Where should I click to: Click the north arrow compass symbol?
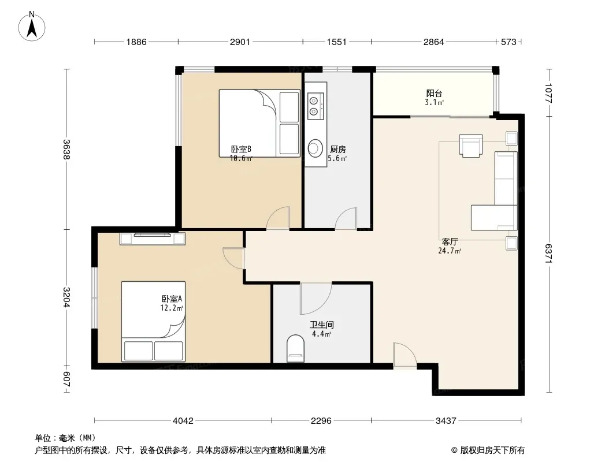pyautogui.click(x=32, y=27)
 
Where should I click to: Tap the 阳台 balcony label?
pyautogui.click(x=434, y=94)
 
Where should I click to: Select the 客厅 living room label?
pyautogui.click(x=450, y=241)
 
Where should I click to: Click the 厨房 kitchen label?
pyautogui.click(x=338, y=149)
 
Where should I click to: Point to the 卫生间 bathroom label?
pyautogui.click(x=322, y=325)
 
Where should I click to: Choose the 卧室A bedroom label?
pyautogui.click(x=172, y=299)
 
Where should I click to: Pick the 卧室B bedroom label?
pyautogui.click(x=241, y=149)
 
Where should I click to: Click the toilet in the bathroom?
pyautogui.click(x=295, y=348)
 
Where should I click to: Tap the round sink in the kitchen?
pyautogui.click(x=315, y=148)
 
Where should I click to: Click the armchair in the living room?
pyautogui.click(x=471, y=146)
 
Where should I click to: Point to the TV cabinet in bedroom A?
pyautogui.click(x=153, y=239)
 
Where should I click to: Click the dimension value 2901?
pyautogui.click(x=240, y=42)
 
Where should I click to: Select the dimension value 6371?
pyautogui.click(x=548, y=254)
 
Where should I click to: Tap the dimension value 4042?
pyautogui.click(x=183, y=421)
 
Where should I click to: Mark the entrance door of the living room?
pyautogui.click(x=405, y=356)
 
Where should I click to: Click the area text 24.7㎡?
pyautogui.click(x=450, y=251)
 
